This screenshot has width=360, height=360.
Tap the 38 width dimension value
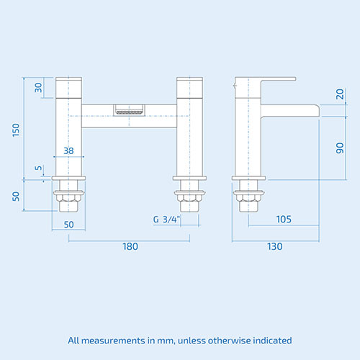(x=68, y=151)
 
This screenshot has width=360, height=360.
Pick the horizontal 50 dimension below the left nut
(x=68, y=224)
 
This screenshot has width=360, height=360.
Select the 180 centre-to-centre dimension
(x=130, y=246)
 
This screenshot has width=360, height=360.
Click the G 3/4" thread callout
(x=166, y=220)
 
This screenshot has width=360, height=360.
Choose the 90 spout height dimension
(x=338, y=147)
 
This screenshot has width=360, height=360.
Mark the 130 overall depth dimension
(x=274, y=246)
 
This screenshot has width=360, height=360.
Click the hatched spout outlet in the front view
(x=130, y=111)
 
